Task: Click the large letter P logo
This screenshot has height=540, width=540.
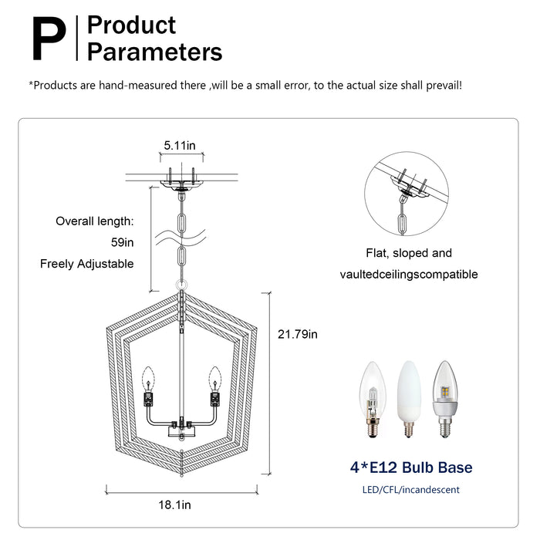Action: [x=49, y=39]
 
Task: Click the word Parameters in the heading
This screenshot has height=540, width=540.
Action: [x=154, y=52]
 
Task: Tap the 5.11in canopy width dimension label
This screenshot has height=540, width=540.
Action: [x=180, y=146]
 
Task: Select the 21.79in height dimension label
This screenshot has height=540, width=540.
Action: [x=298, y=334]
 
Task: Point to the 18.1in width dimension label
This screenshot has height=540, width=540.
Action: [x=174, y=505]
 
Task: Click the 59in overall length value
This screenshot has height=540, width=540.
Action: [x=122, y=242]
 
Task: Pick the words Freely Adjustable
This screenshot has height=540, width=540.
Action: [x=86, y=264]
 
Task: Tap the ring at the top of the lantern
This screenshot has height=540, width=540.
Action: [x=181, y=285]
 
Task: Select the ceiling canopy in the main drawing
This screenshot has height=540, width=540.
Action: [x=181, y=184]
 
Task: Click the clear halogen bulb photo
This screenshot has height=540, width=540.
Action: [x=373, y=400]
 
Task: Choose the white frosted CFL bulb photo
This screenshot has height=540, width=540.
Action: [x=409, y=399]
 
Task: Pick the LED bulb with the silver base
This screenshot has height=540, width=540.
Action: [x=445, y=399]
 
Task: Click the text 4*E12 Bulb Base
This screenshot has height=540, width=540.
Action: [x=411, y=467]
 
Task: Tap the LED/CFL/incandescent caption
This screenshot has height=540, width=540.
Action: [x=411, y=490]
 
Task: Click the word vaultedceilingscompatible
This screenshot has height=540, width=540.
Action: [x=409, y=275]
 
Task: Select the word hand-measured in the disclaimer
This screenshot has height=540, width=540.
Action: [x=152, y=85]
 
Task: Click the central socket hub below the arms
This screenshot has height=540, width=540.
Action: [x=181, y=430]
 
